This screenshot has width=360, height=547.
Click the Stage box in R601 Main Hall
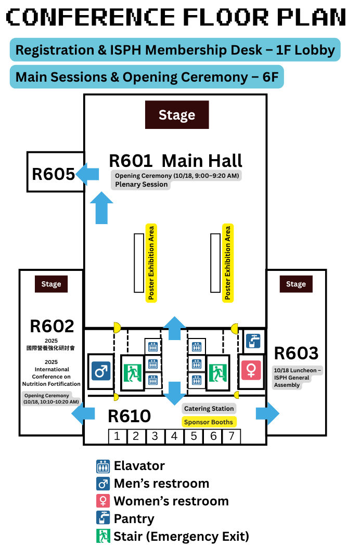point(177,115)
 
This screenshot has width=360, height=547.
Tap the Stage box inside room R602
point(51,284)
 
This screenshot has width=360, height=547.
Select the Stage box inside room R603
point(295,284)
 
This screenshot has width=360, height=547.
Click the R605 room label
point(53,173)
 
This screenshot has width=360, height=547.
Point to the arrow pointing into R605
point(87,173)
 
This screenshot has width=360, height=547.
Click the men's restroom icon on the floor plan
point(100,371)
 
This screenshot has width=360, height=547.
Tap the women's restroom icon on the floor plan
point(251,370)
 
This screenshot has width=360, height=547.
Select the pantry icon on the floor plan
point(253,341)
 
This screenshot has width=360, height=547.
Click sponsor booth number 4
point(174,436)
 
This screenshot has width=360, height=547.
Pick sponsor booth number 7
point(232,436)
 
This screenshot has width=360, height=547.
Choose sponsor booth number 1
point(117,436)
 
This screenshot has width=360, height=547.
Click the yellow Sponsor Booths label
point(209,422)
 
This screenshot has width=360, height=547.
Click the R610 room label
point(129,416)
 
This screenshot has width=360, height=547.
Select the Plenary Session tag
point(142,184)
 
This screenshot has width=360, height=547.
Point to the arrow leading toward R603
point(267,413)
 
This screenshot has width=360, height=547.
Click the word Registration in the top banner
point(47,50)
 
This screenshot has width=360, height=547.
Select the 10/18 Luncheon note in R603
point(292,377)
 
